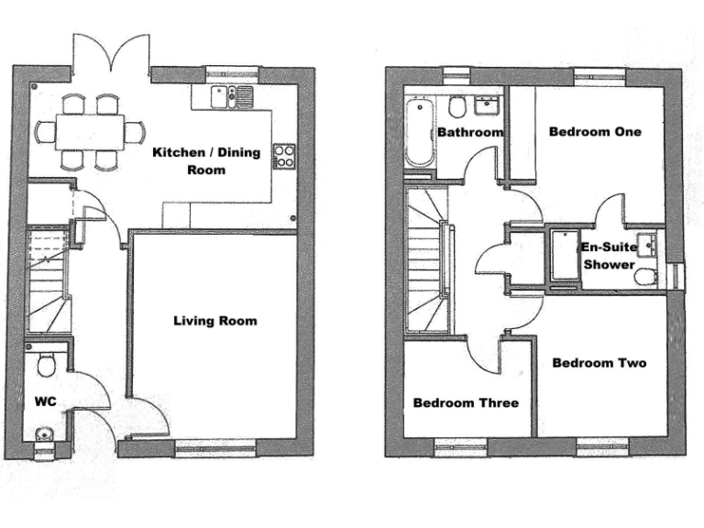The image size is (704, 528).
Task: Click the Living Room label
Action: coord(214,321)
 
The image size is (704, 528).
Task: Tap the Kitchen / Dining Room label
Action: coord(205,160)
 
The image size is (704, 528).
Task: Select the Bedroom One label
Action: coord(595,132)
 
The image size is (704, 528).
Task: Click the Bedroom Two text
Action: coord(599,363)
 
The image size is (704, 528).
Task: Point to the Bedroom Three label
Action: coord(466,402)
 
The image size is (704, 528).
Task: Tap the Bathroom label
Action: coord(470,132)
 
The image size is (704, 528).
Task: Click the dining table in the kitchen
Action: coord(89,131)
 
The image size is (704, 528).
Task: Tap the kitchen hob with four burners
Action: coord(284,156)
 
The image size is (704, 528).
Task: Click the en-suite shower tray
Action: coord(563,259)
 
